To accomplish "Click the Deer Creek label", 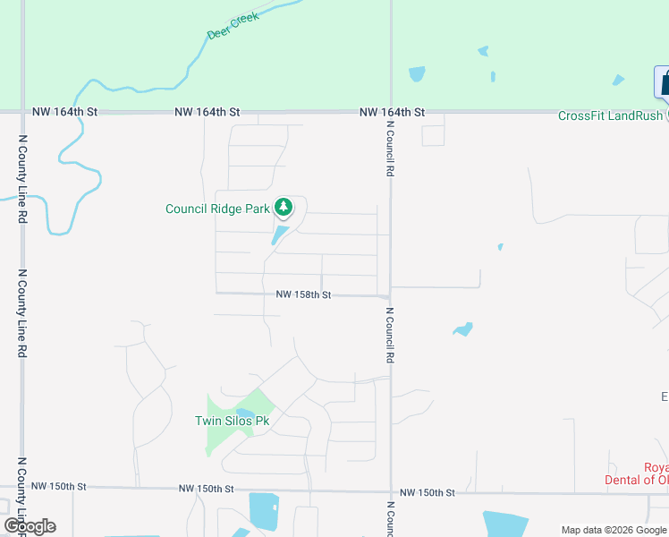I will [233, 25].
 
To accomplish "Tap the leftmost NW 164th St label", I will [64, 112].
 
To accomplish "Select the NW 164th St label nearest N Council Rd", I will [392, 113].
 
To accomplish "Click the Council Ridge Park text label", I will [217, 209].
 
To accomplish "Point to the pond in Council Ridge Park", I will [280, 234].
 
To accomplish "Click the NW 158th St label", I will [303, 294].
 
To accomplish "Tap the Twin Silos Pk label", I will [232, 421].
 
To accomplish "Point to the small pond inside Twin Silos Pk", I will [245, 413].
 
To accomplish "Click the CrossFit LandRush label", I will [611, 115].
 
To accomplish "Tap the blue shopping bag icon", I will [663, 83].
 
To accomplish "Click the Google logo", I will [30, 526].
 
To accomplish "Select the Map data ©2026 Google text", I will [614, 530].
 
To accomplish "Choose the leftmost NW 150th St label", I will [58, 486].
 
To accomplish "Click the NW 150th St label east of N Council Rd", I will [428, 493].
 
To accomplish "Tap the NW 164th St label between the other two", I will [207, 112].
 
